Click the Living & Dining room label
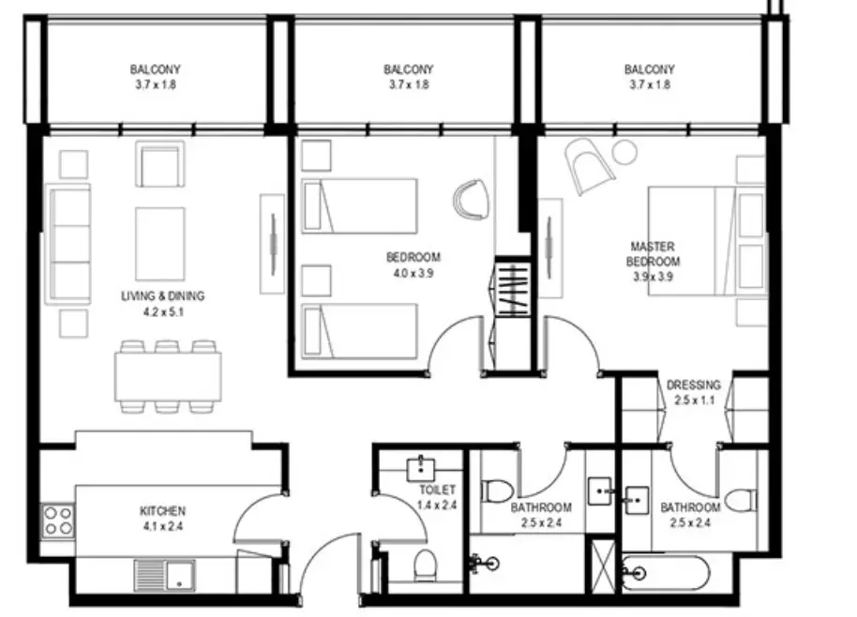tap(163, 296)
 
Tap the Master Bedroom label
tap(654, 254)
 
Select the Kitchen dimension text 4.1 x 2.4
tap(162, 527)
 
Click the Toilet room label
tap(437, 489)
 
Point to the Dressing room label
tap(694, 384)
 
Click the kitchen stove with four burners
tap(58, 520)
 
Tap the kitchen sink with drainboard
tap(164, 576)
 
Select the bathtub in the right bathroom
tap(666, 573)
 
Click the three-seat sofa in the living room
tap(70, 244)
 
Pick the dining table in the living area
tap(169, 377)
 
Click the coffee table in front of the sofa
tap(160, 244)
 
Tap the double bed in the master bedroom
tap(707, 241)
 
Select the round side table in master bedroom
tap(624, 151)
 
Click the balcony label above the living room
tap(156, 69)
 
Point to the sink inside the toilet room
tap(421, 469)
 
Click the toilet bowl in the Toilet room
tap(425, 565)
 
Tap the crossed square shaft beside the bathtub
tap(604, 565)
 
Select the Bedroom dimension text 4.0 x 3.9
tap(413, 273)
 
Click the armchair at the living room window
tap(159, 164)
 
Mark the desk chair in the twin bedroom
tap(471, 200)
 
